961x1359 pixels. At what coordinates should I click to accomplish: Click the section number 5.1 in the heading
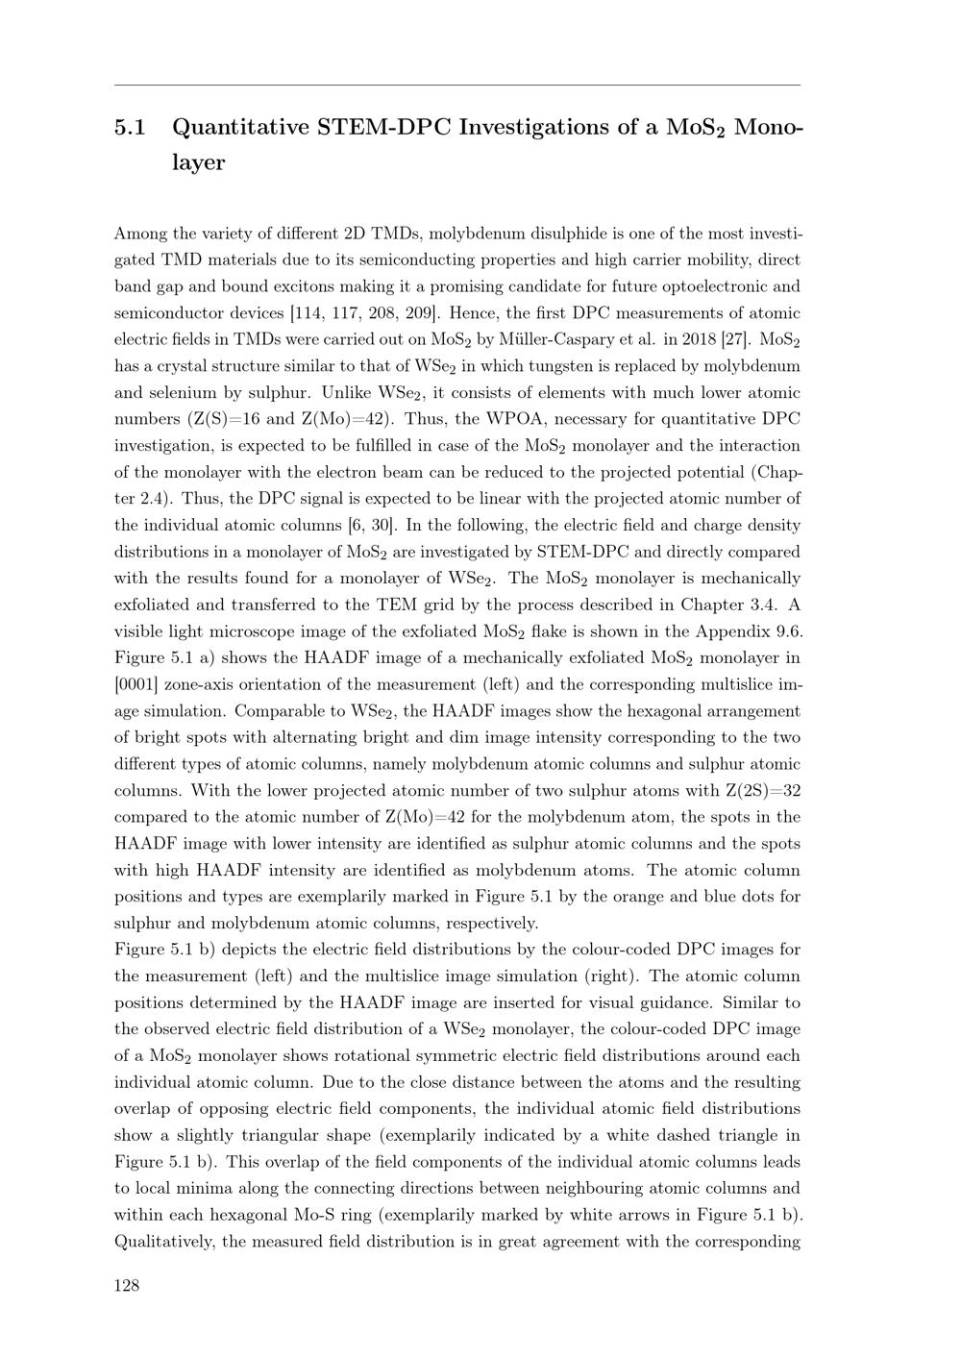pos(130,128)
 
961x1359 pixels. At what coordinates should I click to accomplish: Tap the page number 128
pos(127,1286)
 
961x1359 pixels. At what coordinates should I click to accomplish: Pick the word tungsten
pos(552,366)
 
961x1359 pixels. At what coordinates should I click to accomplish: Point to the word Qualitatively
pos(163,1242)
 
